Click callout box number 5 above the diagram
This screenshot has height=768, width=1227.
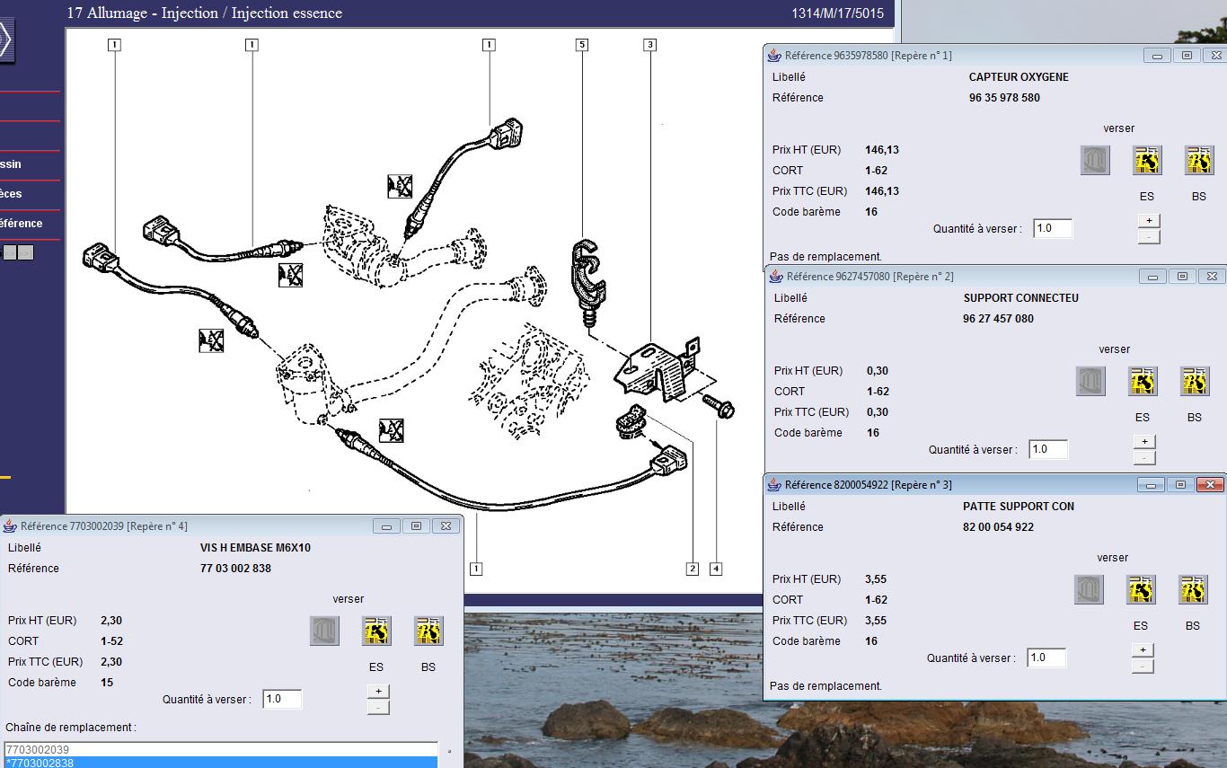tap(582, 44)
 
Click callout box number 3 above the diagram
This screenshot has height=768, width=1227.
tap(649, 44)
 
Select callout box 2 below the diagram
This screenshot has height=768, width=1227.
tap(693, 569)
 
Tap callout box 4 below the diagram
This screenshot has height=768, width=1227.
tap(716, 569)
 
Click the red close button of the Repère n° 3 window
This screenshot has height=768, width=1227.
tap(1209, 485)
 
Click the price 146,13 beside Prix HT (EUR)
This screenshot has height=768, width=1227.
tap(882, 149)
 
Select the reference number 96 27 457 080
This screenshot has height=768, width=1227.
tap(998, 318)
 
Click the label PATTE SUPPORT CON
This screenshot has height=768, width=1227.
tap(1019, 506)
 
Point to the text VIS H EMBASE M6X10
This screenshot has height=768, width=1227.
tap(255, 547)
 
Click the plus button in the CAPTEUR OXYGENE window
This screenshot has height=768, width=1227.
tap(1149, 220)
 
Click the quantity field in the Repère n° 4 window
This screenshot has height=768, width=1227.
tap(281, 699)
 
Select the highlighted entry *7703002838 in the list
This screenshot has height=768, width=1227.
tap(221, 762)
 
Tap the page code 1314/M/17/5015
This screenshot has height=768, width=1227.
tap(837, 13)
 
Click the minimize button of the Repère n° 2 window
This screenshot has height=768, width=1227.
tap(1152, 277)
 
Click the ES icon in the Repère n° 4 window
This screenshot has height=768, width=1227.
tap(376, 631)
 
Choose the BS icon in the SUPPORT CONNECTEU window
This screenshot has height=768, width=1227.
tap(1194, 381)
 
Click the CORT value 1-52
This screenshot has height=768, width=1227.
tap(111, 641)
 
